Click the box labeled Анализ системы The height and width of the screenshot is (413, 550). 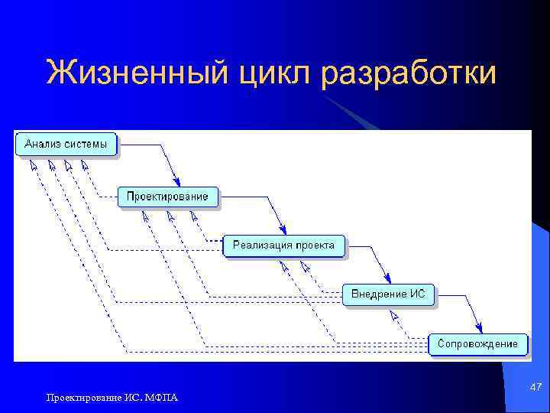click(66, 144)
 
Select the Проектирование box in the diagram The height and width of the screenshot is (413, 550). click(167, 197)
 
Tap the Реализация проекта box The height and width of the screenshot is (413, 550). click(283, 246)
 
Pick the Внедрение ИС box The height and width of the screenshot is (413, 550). click(388, 294)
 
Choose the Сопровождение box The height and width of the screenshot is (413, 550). click(477, 344)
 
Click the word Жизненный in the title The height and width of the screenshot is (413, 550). click(134, 74)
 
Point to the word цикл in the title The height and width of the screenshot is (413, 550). click(271, 74)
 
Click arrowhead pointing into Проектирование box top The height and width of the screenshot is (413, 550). click(175, 180)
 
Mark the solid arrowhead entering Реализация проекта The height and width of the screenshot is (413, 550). click(283, 229)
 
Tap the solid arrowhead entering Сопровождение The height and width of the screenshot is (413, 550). click(479, 328)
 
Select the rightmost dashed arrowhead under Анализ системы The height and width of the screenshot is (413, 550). click(84, 164)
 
